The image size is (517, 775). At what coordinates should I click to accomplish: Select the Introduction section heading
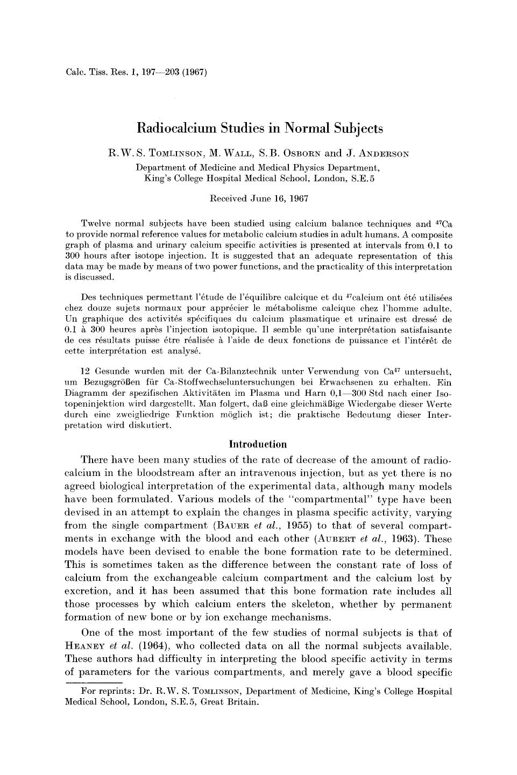pos(258,444)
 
